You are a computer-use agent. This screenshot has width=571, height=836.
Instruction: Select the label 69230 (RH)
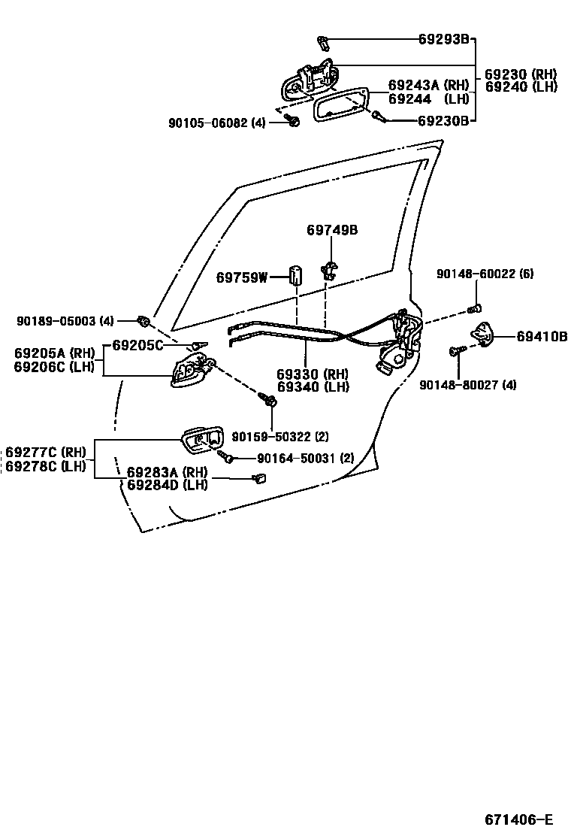pyautogui.click(x=521, y=74)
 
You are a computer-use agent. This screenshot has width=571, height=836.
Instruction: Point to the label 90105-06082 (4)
pyautogui.click(x=216, y=123)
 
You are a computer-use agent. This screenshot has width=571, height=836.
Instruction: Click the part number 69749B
pyautogui.click(x=331, y=230)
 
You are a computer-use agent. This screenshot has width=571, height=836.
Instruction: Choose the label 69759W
pyautogui.click(x=242, y=277)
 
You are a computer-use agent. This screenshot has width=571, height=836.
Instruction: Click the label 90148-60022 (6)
pyautogui.click(x=485, y=274)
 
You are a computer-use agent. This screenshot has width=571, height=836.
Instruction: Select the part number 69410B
pyautogui.click(x=542, y=336)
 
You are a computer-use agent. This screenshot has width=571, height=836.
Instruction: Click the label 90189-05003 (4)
pyautogui.click(x=65, y=321)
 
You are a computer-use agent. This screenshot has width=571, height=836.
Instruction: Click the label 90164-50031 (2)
pyautogui.click(x=305, y=458)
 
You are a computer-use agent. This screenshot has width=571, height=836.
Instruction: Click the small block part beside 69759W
pyautogui.click(x=295, y=275)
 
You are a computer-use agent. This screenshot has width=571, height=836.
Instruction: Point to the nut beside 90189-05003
pyautogui.click(x=145, y=322)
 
